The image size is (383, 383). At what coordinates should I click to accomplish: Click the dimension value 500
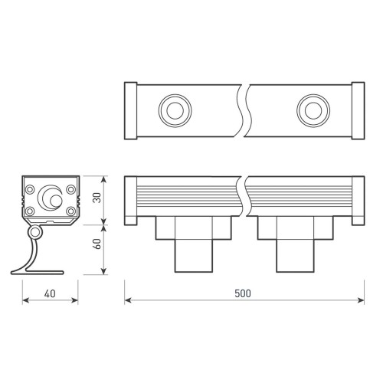click(x=242, y=293)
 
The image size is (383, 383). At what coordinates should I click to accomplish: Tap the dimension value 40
click(x=50, y=293)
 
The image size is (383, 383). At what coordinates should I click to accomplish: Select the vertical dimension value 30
click(x=95, y=197)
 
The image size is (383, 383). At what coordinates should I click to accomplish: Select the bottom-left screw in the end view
click(x=29, y=211)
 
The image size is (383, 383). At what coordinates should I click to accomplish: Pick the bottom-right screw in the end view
click(x=70, y=211)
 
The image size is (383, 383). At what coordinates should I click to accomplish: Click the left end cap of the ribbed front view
click(x=131, y=201)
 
